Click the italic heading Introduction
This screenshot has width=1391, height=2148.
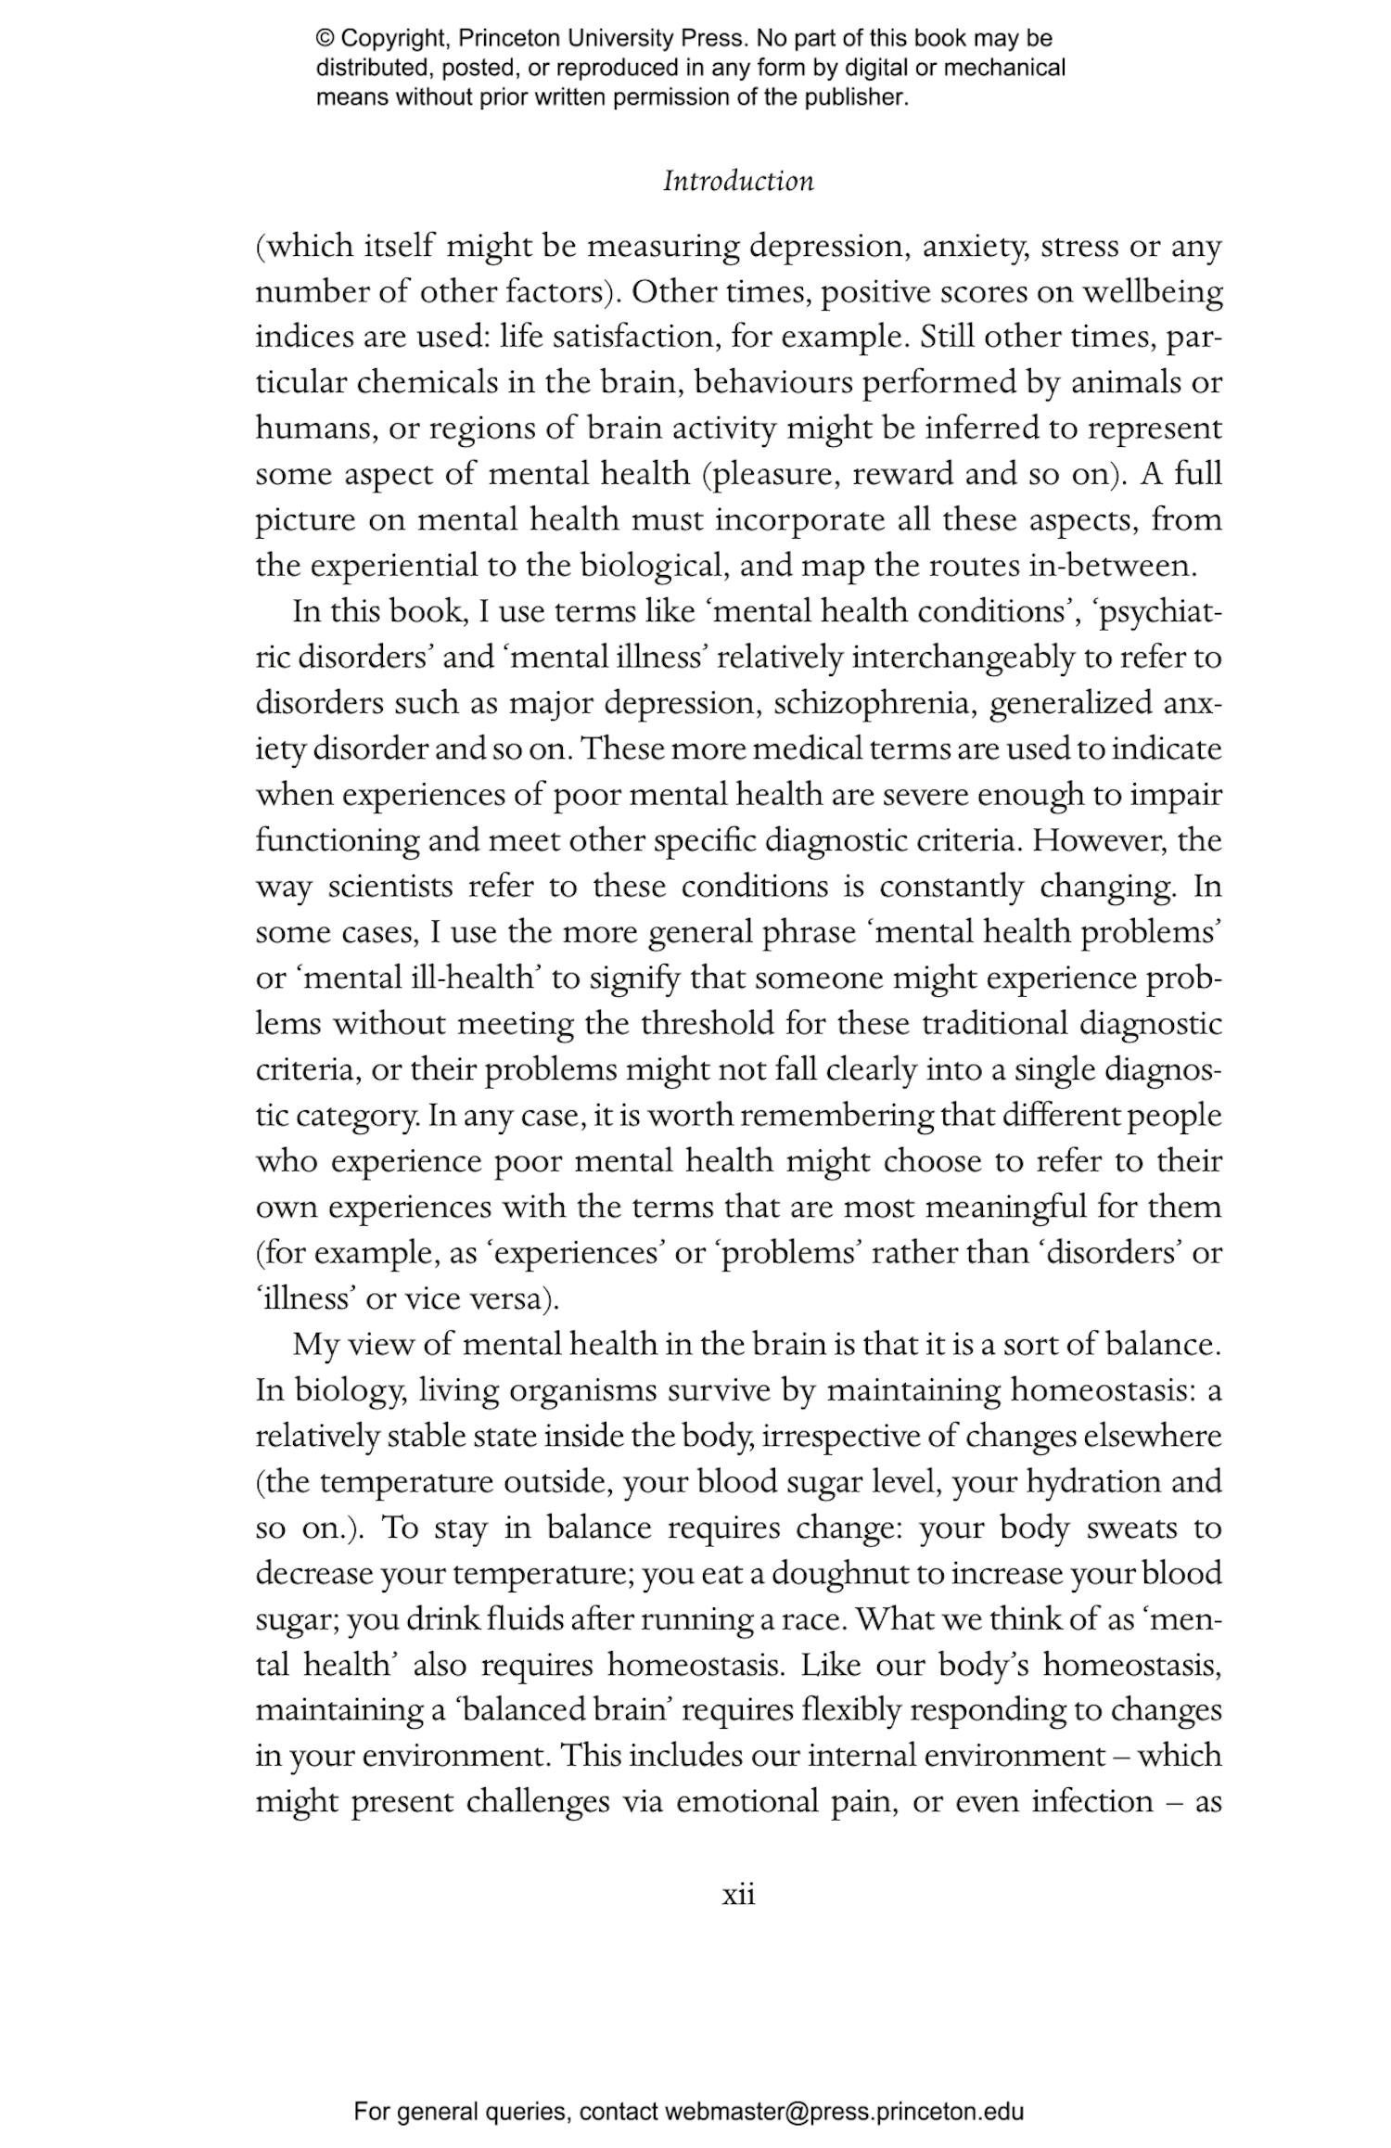coord(738,181)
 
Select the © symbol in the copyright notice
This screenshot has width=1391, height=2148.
coord(325,39)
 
